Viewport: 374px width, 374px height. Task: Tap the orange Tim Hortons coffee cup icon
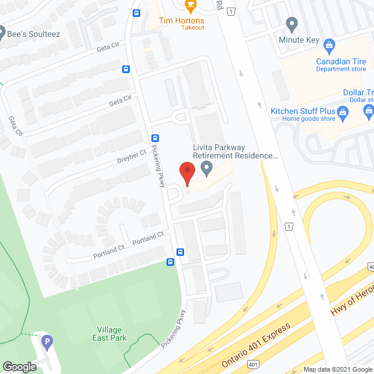[x=190, y=5]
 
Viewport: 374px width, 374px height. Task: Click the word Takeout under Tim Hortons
[x=192, y=27]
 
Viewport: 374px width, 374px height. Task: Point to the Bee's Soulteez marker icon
[x=2, y=32]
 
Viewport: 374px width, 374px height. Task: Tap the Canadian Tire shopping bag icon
[x=329, y=45]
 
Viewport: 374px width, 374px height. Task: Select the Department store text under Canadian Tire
[x=341, y=69]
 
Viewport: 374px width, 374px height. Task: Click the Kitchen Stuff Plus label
[x=302, y=111]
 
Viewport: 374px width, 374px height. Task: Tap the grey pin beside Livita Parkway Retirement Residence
[x=206, y=168]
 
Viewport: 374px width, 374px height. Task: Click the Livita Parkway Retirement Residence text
[x=234, y=152]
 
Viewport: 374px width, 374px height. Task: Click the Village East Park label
[x=109, y=333]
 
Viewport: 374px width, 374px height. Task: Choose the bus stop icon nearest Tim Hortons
[x=136, y=13]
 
